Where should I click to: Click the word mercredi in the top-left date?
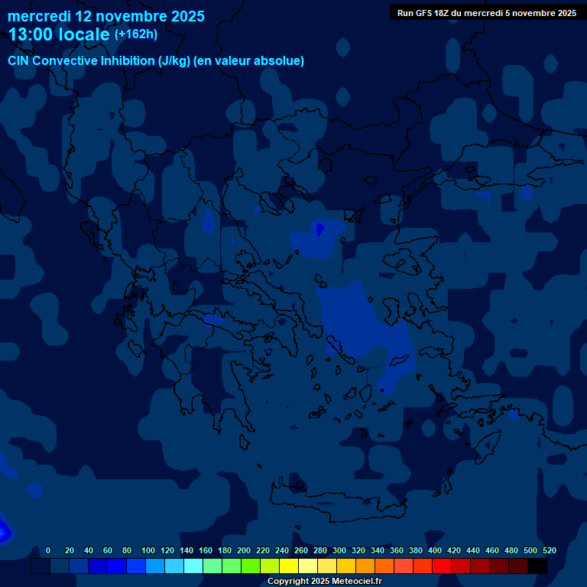(39, 16)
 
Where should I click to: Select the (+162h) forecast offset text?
(136, 34)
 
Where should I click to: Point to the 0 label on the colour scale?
(48, 550)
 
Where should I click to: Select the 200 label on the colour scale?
(244, 550)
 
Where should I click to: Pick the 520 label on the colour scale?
(550, 550)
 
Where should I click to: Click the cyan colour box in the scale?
(193, 566)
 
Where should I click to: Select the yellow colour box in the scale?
(289, 566)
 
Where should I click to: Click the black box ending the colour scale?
(537, 566)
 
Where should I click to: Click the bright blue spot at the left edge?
(3, 529)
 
